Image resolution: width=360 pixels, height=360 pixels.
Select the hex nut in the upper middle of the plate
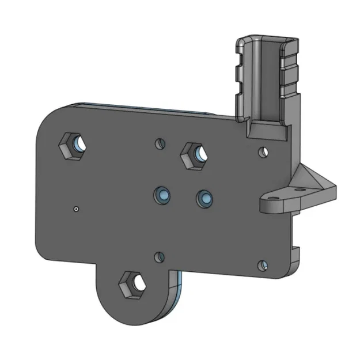click(x=194, y=153)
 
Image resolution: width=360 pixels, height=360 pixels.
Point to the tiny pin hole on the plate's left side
click(x=76, y=209)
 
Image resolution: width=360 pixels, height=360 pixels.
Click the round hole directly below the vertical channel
click(x=263, y=152)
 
